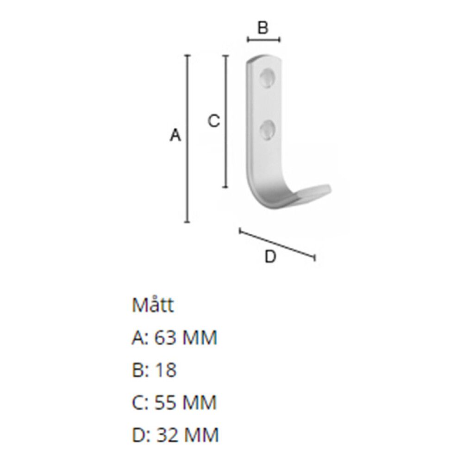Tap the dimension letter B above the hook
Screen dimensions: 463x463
(263, 28)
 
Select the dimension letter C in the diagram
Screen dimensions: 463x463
(213, 121)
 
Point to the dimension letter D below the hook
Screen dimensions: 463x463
(270, 256)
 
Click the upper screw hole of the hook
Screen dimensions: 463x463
(268, 79)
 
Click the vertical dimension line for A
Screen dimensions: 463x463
(188, 139)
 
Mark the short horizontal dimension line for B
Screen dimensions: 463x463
(263, 40)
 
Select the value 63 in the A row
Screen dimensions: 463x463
(164, 338)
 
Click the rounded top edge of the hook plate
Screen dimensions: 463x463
(265, 58)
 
